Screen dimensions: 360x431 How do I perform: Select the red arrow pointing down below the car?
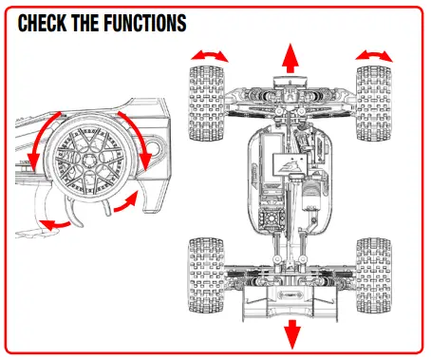coord(290,332)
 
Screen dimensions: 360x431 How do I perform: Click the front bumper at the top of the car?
coord(290,87)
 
